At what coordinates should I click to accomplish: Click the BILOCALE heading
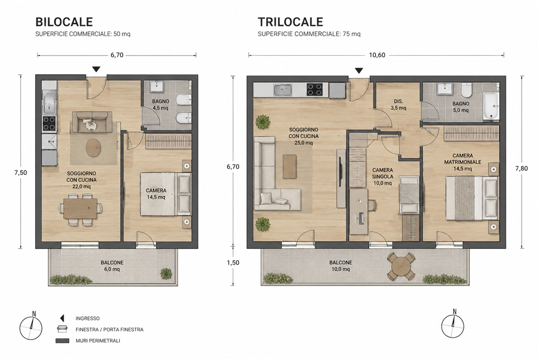pyautogui.click(x=64, y=22)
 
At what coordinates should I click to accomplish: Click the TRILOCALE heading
pyautogui.click(x=291, y=22)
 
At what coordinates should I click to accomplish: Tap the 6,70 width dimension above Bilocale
pyautogui.click(x=117, y=55)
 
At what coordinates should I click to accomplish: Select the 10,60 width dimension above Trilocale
pyautogui.click(x=377, y=55)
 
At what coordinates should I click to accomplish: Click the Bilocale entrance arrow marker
pyautogui.click(x=96, y=69)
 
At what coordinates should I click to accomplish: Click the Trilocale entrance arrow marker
pyautogui.click(x=359, y=71)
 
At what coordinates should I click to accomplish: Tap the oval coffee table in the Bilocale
pyautogui.click(x=93, y=148)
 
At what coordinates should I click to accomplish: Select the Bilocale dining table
pyautogui.click(x=80, y=209)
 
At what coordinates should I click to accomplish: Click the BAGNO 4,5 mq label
pyautogui.click(x=160, y=105)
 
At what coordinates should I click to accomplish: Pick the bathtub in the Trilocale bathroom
pyautogui.click(x=491, y=106)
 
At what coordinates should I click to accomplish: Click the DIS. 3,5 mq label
pyautogui.click(x=399, y=105)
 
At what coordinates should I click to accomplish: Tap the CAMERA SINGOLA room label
pyautogui.click(x=382, y=176)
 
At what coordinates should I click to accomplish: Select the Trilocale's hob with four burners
pyautogui.click(x=315, y=90)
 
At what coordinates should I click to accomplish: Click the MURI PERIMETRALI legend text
pyautogui.click(x=98, y=341)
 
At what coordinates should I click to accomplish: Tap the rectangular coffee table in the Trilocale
pyautogui.click(x=289, y=167)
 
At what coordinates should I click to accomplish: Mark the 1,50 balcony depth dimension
pyautogui.click(x=233, y=263)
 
